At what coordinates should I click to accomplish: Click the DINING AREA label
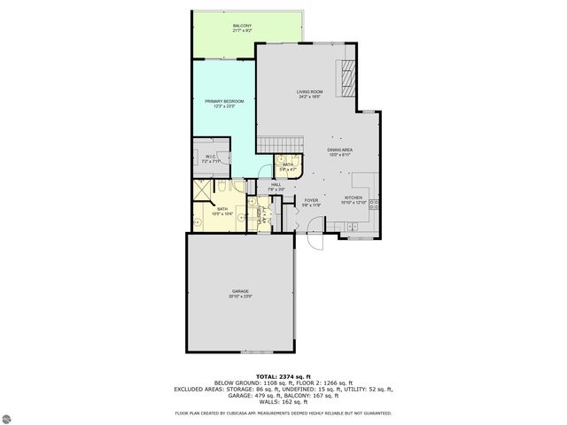click(x=340, y=151)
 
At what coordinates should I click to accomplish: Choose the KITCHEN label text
click(x=353, y=199)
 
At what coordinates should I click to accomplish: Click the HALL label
click(x=276, y=186)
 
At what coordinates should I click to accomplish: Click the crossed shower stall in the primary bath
click(x=203, y=188)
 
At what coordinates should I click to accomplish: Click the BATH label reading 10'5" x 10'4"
click(x=221, y=211)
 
